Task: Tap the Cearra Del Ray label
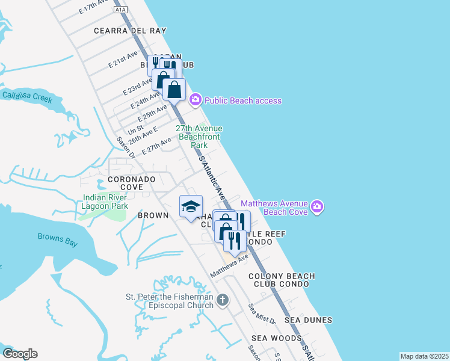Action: (130, 30)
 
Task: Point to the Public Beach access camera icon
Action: (195, 100)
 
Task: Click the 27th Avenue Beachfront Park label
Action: (199, 137)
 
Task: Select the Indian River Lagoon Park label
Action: (105, 202)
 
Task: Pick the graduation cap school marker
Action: (191, 206)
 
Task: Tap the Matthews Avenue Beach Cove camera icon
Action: (318, 208)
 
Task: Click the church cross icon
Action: (223, 300)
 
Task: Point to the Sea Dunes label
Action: (308, 320)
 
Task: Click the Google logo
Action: (20, 354)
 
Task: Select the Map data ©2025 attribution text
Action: (424, 356)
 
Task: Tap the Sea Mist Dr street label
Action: (262, 313)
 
